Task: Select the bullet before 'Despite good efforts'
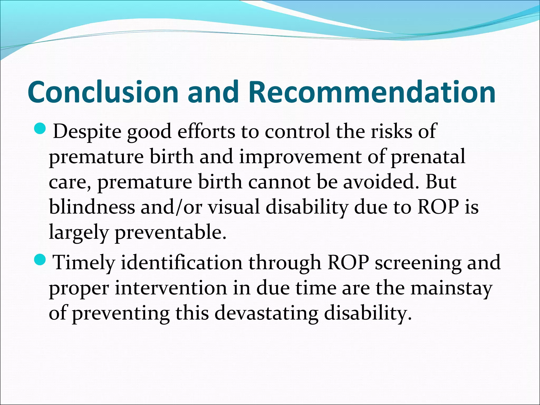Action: tap(40, 128)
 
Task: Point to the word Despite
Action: tap(87, 132)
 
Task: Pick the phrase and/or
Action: tap(171, 207)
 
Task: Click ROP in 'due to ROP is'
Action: tap(438, 207)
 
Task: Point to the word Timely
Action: tap(84, 263)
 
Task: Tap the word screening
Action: tap(418, 263)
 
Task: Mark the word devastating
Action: tap(266, 313)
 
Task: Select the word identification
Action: tap(182, 263)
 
